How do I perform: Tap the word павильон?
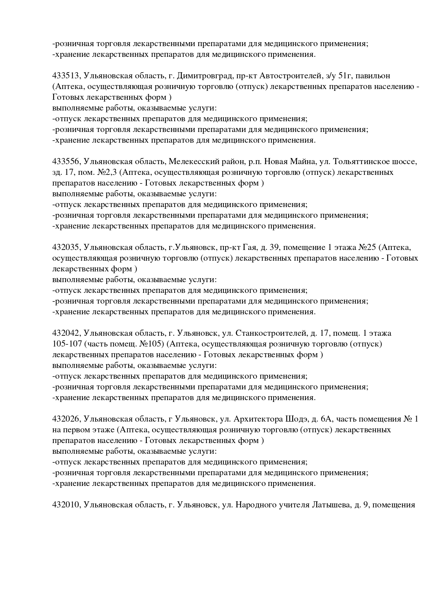click(x=372, y=76)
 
